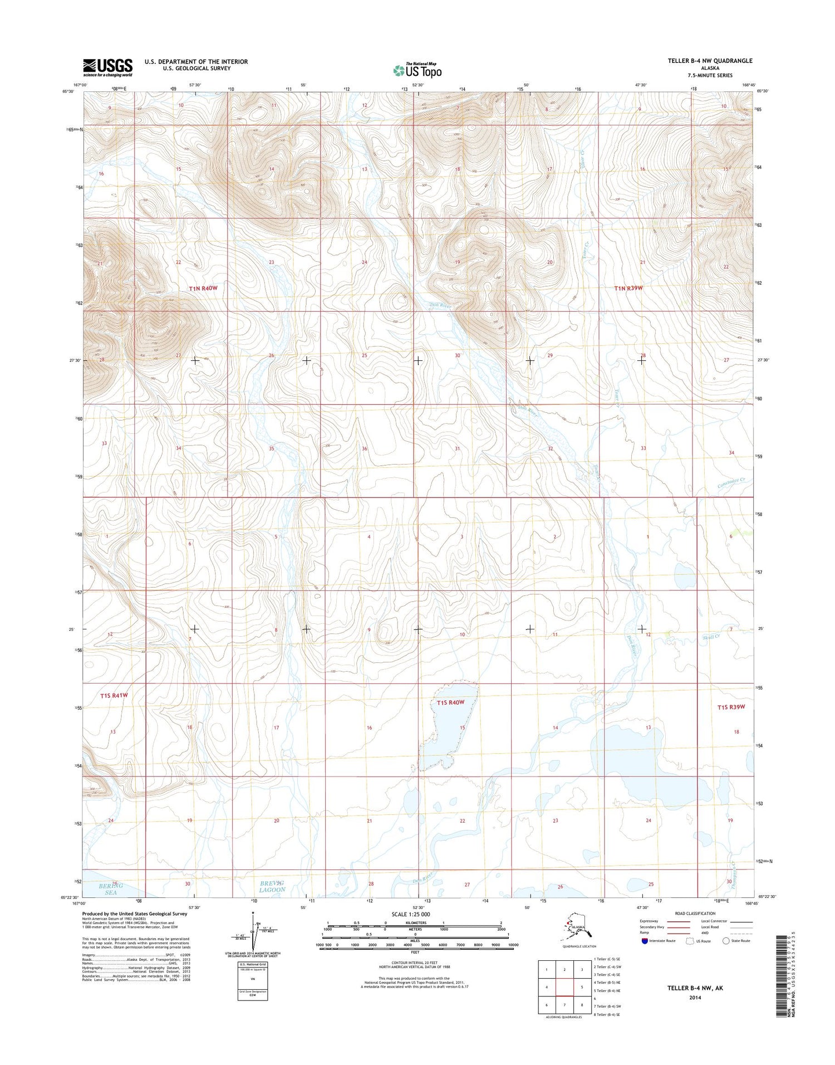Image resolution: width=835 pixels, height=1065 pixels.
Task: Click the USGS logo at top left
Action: pyautogui.click(x=107, y=67)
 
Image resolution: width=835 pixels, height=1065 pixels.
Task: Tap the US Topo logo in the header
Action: pyautogui.click(x=417, y=71)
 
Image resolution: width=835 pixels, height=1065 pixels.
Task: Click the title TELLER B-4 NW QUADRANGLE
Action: pyautogui.click(x=710, y=61)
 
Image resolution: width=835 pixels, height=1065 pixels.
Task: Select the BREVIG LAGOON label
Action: pyautogui.click(x=272, y=886)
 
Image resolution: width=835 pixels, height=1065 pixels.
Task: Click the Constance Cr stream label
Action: pyautogui.click(x=734, y=483)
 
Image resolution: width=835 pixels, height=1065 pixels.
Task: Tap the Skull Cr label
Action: pyautogui.click(x=711, y=637)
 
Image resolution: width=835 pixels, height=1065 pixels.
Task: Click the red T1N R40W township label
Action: pyautogui.click(x=203, y=289)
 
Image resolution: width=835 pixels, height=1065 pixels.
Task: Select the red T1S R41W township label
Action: pyautogui.click(x=114, y=696)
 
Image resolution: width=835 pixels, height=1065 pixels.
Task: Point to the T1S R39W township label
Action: pyautogui.click(x=731, y=707)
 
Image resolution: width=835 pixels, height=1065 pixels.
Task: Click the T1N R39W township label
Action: pyautogui.click(x=628, y=289)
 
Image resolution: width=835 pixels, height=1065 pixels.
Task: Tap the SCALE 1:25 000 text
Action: pyautogui.click(x=411, y=915)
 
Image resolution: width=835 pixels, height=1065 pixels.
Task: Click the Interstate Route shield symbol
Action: pyautogui.click(x=645, y=941)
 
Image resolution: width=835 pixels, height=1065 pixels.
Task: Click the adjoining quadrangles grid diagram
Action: pyautogui.click(x=564, y=987)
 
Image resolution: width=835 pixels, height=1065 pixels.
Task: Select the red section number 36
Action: pyautogui.click(x=365, y=448)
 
